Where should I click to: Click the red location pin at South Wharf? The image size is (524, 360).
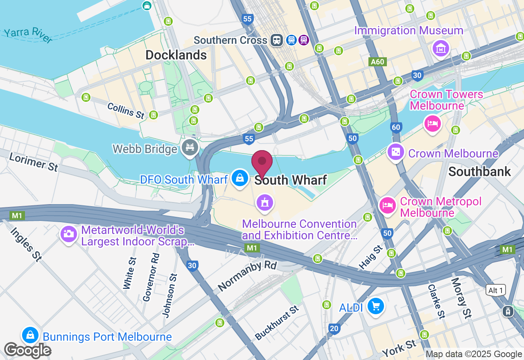tap(262, 162)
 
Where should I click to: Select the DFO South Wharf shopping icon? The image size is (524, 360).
tap(239, 178)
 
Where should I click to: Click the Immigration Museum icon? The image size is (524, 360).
tap(440, 49)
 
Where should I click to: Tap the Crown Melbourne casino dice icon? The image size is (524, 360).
tap(395, 152)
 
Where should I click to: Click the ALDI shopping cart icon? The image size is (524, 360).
tap(375, 306)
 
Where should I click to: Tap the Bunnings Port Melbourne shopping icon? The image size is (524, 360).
tap(30, 335)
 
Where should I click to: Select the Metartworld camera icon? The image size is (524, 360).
tap(68, 234)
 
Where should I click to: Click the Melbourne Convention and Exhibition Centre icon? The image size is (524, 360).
tap(264, 202)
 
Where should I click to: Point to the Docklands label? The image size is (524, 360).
tap(176, 55)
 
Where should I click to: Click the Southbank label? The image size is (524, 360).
tap(479, 171)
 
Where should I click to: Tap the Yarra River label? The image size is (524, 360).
tap(28, 36)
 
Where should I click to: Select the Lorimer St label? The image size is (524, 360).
tap(34, 162)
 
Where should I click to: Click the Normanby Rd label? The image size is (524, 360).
tap(247, 276)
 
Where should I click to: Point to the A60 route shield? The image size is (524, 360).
tap(377, 62)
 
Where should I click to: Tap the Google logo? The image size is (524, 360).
tap(27, 350)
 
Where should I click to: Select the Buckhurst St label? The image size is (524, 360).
tap(277, 323)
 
